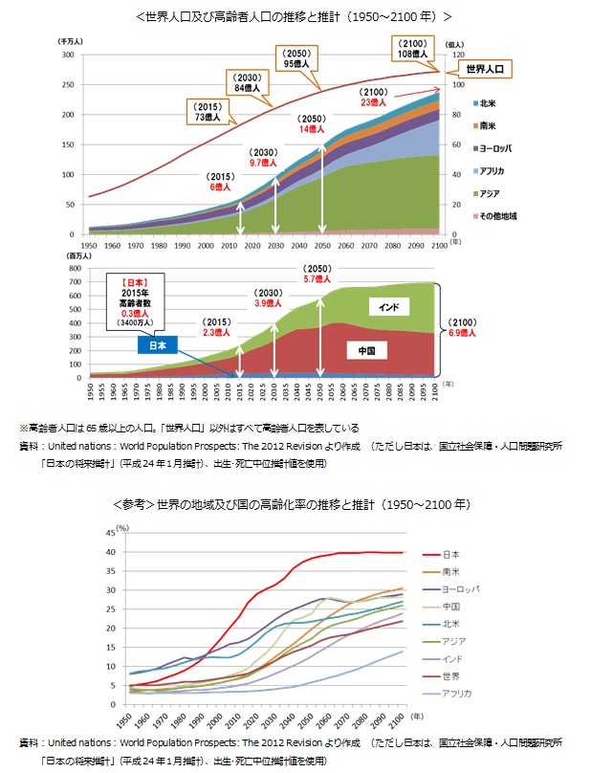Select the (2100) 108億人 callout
coord(414,49)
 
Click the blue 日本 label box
coord(158,346)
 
